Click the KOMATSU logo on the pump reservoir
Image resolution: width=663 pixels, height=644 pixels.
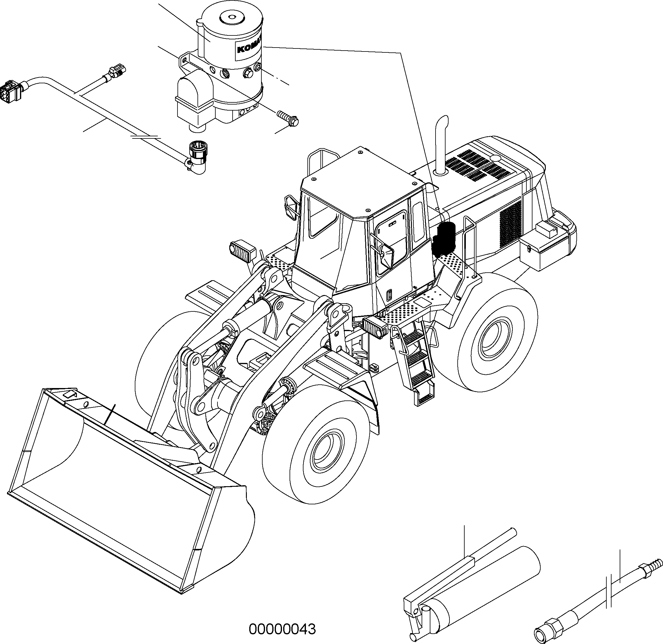(x=249, y=47)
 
